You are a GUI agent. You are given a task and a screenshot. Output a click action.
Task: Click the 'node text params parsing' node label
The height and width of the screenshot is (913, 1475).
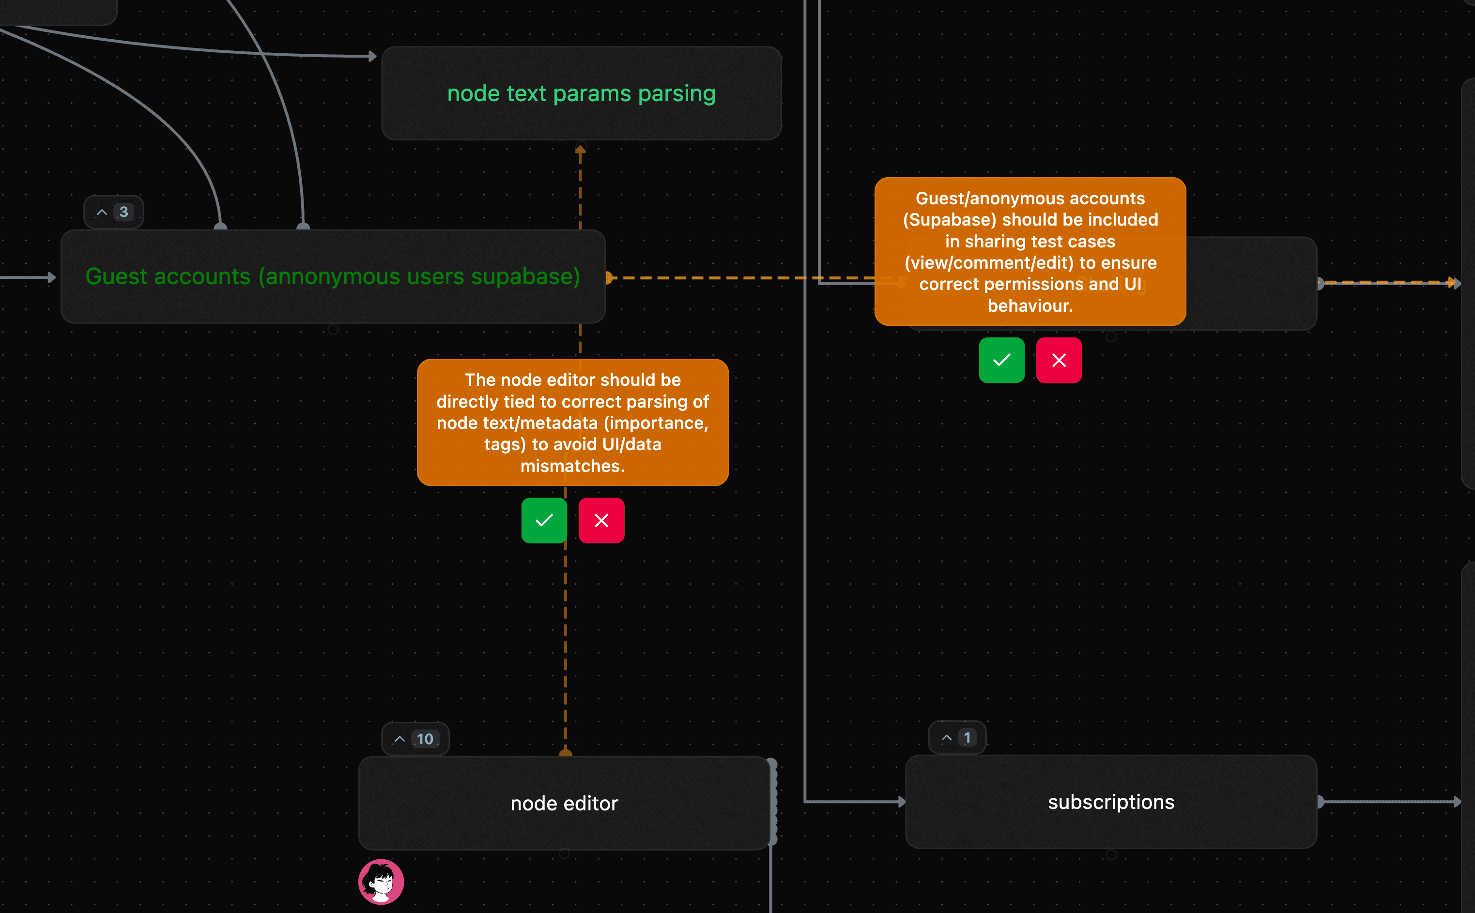click(x=581, y=93)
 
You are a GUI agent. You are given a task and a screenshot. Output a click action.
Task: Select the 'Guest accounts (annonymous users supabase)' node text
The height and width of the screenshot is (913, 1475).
click(x=333, y=276)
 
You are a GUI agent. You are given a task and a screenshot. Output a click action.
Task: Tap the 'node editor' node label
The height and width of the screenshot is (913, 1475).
click(x=564, y=803)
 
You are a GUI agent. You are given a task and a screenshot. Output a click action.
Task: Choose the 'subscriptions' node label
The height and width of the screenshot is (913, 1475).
click(x=1111, y=802)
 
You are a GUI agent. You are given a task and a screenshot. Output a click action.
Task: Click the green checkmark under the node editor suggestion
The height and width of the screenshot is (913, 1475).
click(x=544, y=520)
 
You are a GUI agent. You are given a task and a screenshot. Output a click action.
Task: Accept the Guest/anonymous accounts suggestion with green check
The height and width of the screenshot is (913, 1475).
click(x=1001, y=361)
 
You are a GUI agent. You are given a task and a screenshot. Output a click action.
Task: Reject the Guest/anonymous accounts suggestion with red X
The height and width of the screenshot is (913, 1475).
click(x=1059, y=361)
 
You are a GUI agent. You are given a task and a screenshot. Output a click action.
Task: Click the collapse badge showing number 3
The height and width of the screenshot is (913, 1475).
click(x=113, y=212)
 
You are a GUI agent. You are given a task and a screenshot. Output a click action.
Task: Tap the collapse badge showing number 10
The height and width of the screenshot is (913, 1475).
click(x=415, y=739)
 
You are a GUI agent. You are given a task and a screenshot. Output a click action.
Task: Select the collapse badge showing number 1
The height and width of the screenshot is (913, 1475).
click(x=957, y=737)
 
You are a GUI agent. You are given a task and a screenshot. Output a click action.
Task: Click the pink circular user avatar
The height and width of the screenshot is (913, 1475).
click(x=381, y=882)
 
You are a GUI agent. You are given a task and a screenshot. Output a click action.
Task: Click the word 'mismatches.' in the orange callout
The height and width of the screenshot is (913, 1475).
click(x=572, y=466)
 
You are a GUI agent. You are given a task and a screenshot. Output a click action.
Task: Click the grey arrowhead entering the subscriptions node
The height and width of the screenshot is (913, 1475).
click(x=901, y=802)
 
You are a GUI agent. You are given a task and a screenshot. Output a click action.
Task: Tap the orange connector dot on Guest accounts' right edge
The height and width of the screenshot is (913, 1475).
click(x=609, y=278)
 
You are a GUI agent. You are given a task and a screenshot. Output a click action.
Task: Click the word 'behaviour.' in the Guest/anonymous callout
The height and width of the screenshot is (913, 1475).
click(x=1030, y=306)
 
